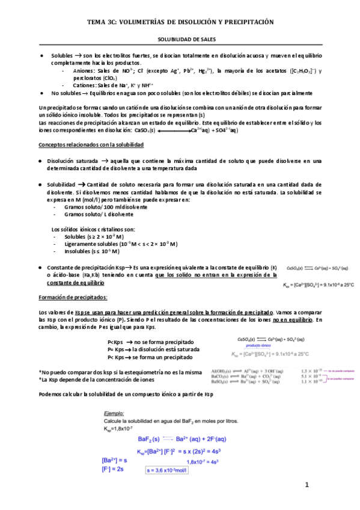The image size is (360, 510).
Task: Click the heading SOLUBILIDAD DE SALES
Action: pos(180,37)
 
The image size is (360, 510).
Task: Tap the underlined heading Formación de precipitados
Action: pos(73,297)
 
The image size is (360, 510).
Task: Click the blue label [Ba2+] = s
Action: pos(115,460)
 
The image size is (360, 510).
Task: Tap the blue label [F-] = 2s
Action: pos(112,469)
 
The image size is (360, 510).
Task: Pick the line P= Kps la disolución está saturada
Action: pos(153,349)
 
